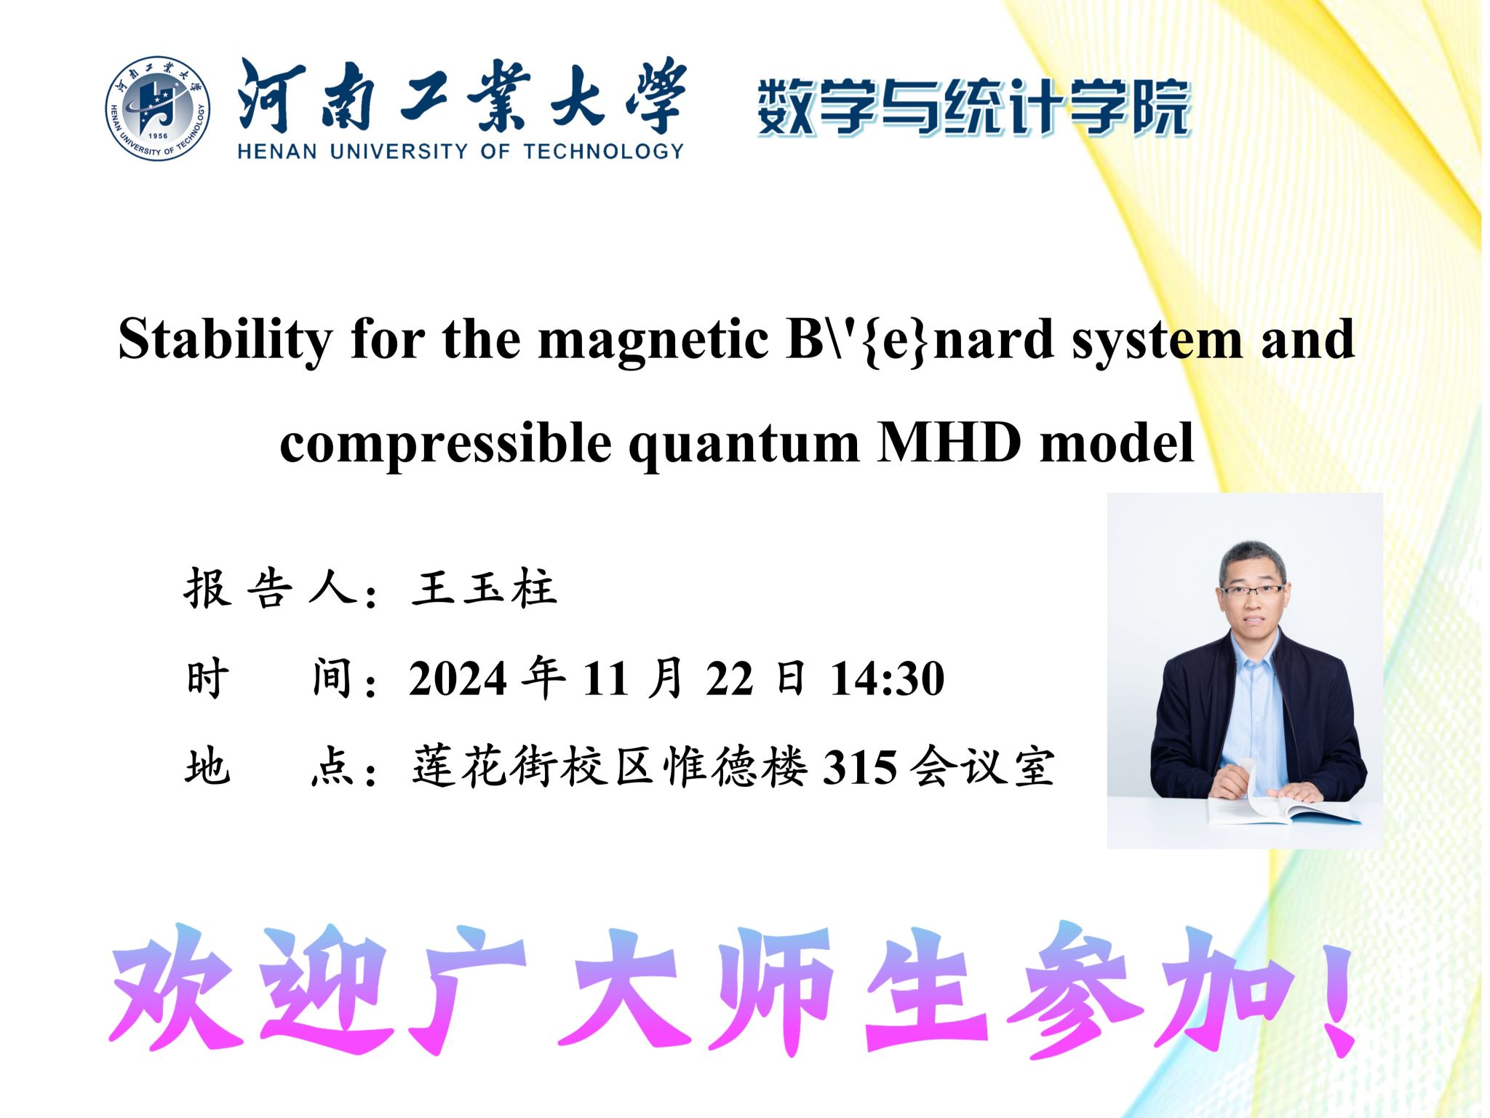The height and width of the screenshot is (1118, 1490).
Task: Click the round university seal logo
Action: coord(158,108)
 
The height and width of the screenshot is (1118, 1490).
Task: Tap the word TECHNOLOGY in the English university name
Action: coord(603,151)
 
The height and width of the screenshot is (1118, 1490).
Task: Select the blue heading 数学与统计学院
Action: coord(973,108)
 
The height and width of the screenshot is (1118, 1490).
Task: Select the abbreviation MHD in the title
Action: coord(950,442)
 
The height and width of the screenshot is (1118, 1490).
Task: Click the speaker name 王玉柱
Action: coord(485,588)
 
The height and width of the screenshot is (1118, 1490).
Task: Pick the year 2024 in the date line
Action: coord(457,679)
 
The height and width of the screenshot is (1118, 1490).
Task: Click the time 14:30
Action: coord(888,679)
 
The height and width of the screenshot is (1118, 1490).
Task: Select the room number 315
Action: coord(859,767)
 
